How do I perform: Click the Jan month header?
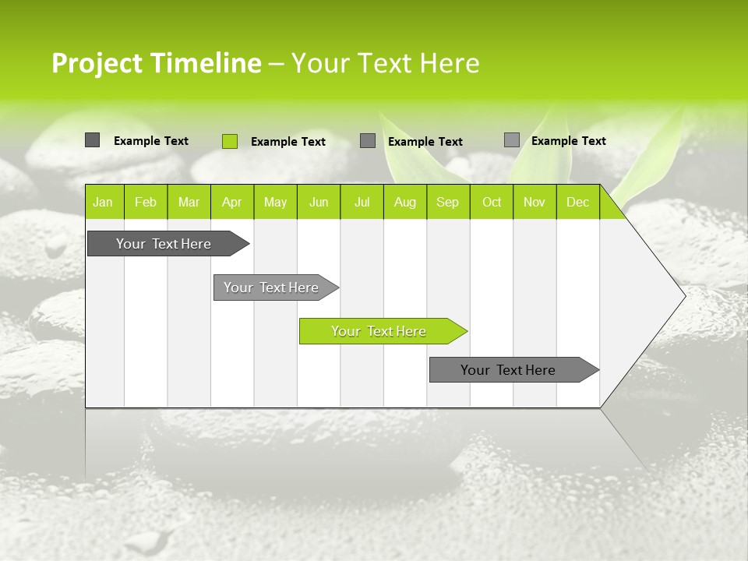click(x=103, y=203)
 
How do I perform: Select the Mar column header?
click(x=189, y=203)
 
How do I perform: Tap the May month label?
click(x=275, y=203)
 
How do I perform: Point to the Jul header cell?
click(x=362, y=203)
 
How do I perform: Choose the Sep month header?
click(x=447, y=203)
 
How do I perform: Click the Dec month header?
click(x=577, y=203)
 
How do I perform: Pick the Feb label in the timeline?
click(x=146, y=203)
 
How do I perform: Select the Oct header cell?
click(x=492, y=203)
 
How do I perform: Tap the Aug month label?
click(x=404, y=203)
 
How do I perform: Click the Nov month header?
click(x=535, y=203)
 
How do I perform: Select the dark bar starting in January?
click(x=164, y=244)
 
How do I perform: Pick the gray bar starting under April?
click(x=272, y=288)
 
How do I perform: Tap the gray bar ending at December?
click(x=509, y=370)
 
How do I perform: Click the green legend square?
click(x=230, y=141)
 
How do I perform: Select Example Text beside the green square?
click(x=288, y=142)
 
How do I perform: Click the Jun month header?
click(x=319, y=203)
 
